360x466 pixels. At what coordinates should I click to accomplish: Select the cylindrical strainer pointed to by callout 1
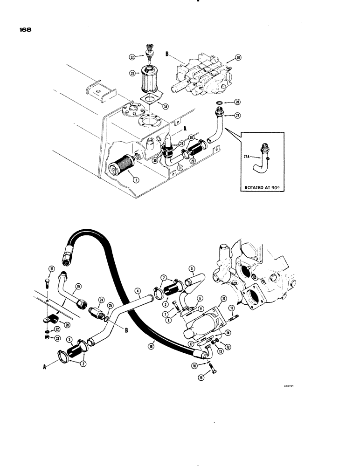(x=120, y=166)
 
